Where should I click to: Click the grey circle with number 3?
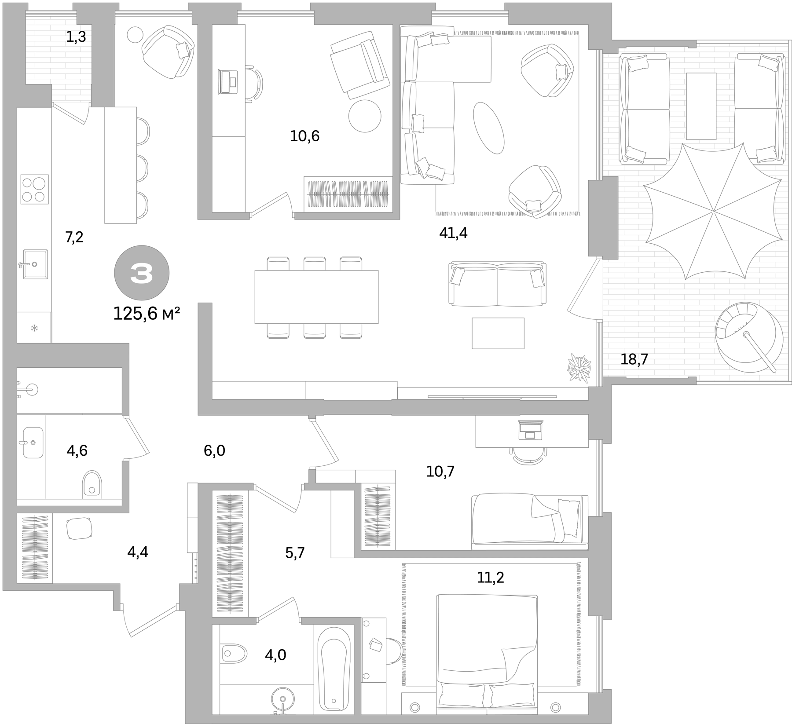(142, 273)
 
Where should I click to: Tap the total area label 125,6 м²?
(147, 314)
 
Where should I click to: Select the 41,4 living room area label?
(453, 233)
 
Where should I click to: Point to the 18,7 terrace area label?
(634, 359)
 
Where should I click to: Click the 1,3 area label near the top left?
(76, 37)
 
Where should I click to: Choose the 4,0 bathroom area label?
(275, 655)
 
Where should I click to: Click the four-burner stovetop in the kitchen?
(34, 189)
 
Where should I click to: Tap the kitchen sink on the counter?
(35, 264)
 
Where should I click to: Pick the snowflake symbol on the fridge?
(34, 328)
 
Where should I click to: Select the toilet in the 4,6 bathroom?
(92, 483)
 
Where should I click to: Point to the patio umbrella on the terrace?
(713, 211)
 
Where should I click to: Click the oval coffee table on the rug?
(488, 128)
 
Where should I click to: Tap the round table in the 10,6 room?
(365, 116)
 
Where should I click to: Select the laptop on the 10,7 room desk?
(531, 430)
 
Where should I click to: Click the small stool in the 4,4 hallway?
(79, 528)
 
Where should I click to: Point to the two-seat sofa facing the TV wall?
(498, 284)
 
